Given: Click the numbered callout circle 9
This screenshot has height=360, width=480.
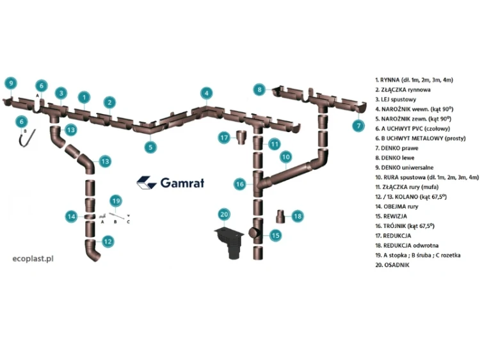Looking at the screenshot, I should point(11,83).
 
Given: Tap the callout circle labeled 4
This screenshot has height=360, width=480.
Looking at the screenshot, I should point(205,93).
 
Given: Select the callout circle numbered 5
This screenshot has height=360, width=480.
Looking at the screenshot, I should point(150,147).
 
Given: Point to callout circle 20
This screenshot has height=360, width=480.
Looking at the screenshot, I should point(224,214).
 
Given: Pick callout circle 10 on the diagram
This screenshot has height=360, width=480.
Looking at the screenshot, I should point(285,156).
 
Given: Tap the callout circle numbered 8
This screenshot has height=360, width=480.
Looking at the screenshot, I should point(259,90).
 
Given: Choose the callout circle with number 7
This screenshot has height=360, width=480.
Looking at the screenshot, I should point(358,126).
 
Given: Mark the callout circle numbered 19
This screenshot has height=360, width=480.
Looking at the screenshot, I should point(116,201).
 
